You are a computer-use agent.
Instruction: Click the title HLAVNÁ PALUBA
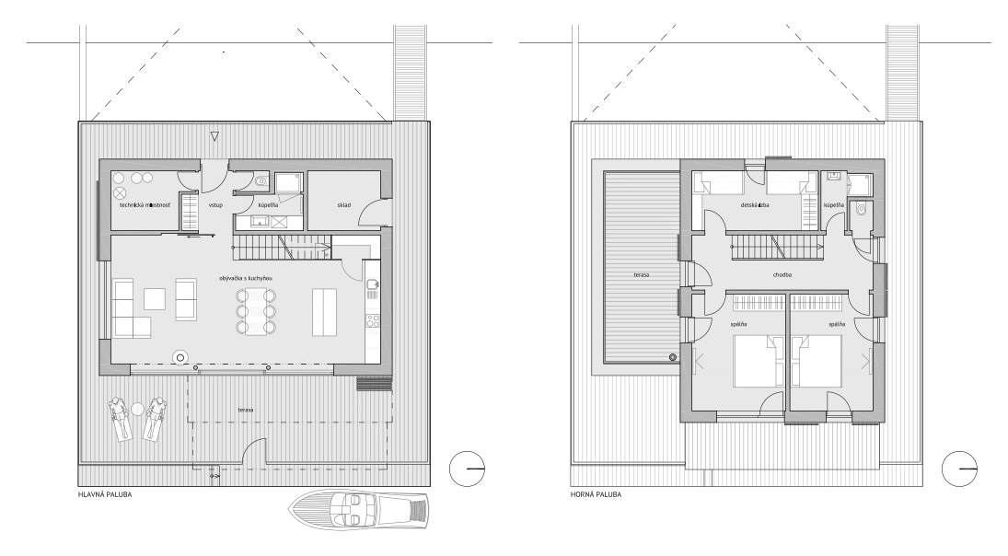pyautogui.click(x=105, y=495)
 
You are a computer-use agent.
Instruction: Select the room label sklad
pyautogui.click(x=344, y=205)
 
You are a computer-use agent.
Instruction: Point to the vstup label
pyautogui.click(x=216, y=205)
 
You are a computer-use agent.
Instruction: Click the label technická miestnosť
pyautogui.click(x=145, y=205)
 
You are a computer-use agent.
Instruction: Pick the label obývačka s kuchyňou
pyautogui.click(x=246, y=278)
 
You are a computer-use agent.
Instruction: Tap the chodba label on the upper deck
pyautogui.click(x=782, y=274)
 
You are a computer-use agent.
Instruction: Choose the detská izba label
pyautogui.click(x=755, y=205)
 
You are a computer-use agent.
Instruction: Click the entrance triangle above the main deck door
pyautogui.click(x=215, y=136)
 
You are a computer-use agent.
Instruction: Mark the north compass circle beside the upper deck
pyautogui.click(x=960, y=468)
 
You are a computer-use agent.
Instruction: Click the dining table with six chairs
pyautogui.click(x=256, y=311)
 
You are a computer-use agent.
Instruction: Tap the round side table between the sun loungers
pyautogui.click(x=137, y=409)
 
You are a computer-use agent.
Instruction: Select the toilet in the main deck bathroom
pyautogui.click(x=261, y=181)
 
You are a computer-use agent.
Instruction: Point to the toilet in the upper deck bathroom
pyautogui.click(x=862, y=208)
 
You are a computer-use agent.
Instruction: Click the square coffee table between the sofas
pyautogui.click(x=155, y=299)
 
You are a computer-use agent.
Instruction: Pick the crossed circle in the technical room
pyautogui.click(x=121, y=192)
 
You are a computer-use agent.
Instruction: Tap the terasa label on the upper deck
pyautogui.click(x=641, y=274)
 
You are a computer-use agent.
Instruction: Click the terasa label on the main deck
pyautogui.click(x=246, y=410)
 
